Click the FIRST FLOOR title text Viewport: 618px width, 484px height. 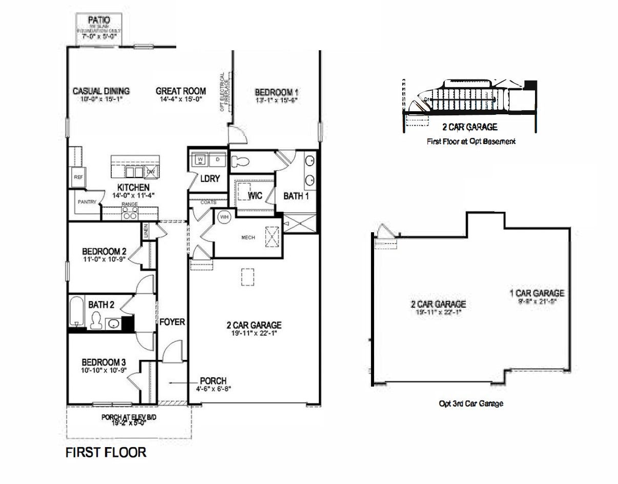click(106, 452)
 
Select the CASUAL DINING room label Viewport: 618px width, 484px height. click(101, 91)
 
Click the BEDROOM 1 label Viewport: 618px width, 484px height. click(277, 92)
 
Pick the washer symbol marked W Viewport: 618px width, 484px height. click(200, 159)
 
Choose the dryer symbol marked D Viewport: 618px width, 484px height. click(217, 159)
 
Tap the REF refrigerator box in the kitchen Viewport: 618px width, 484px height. click(78, 177)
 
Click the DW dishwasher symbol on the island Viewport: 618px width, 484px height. click(151, 171)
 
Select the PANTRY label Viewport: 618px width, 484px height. click(87, 202)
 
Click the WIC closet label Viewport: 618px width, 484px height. click(255, 196)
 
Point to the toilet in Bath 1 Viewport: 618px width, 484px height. click(240, 162)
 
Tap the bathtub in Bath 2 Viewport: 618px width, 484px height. click(76, 311)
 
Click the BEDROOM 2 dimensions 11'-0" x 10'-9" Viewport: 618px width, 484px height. click(105, 260)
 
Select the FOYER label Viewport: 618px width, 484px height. click(172, 322)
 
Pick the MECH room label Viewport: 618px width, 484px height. click(248, 237)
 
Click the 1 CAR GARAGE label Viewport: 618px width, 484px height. click(537, 293)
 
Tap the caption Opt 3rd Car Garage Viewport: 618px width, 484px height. click(471, 404)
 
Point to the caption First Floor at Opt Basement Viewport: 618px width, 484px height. click(471, 141)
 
